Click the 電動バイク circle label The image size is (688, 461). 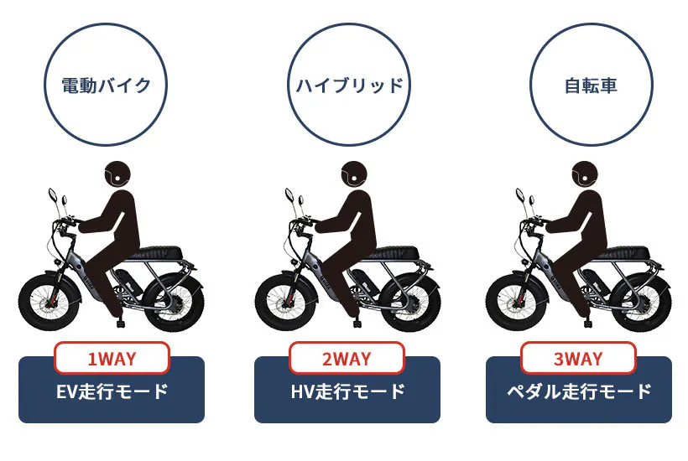(106, 85)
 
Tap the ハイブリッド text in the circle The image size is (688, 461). (350, 85)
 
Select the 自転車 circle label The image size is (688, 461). (591, 85)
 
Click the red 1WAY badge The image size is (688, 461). (112, 358)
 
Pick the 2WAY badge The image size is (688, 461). (347, 358)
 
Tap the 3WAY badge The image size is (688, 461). (578, 358)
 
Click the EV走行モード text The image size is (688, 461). (112, 391)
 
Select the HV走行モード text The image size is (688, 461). (347, 391)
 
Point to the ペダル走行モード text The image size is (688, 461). (579, 391)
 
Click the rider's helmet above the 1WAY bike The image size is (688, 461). (118, 174)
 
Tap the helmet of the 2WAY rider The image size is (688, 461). (355, 174)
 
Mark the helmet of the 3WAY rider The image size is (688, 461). (586, 174)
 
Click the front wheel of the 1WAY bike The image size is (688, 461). (50, 301)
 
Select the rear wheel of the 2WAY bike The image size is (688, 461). (409, 303)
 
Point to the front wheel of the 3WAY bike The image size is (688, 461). (517, 301)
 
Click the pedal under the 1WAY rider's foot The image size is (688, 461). (122, 323)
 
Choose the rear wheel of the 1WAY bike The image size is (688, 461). (174, 303)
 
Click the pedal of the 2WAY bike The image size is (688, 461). (358, 323)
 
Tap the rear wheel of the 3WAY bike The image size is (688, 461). (641, 303)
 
